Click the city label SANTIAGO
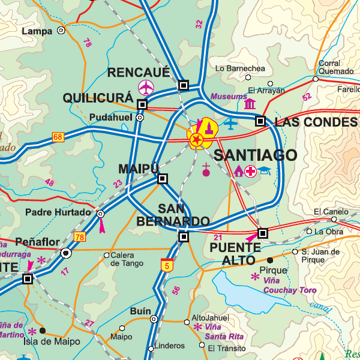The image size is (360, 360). [x=255, y=155]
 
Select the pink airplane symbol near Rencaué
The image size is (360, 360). [x=146, y=88]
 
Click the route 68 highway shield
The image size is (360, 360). [x=58, y=137]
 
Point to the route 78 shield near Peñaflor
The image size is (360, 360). [x=80, y=237]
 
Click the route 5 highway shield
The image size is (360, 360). [x=166, y=265]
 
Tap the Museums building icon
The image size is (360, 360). [x=250, y=104]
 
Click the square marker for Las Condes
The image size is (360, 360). [x=260, y=121]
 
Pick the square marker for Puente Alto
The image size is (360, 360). [x=262, y=233]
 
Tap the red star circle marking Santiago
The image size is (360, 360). [x=196, y=140]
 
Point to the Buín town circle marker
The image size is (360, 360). [x=154, y=319]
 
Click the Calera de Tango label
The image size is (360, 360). [x=127, y=259]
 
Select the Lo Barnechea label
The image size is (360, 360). [x=240, y=68]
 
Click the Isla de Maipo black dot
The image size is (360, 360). [x=42, y=330]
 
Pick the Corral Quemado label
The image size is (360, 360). [x=330, y=67]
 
